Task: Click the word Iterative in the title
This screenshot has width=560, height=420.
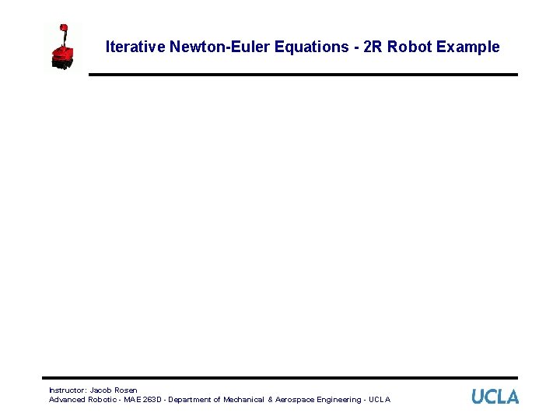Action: coord(135,47)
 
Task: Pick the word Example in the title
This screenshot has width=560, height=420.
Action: coord(468,47)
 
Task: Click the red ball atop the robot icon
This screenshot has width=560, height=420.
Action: coord(64,27)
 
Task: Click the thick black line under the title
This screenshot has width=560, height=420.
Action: coord(303,75)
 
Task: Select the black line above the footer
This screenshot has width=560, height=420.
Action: coord(283,378)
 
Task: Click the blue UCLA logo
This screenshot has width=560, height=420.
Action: coord(495,397)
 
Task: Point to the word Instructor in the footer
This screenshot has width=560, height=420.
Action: coord(67,390)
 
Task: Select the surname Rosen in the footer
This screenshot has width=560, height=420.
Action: coord(126,390)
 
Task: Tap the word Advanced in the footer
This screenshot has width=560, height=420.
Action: coord(67,400)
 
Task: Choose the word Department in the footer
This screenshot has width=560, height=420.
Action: coord(194,400)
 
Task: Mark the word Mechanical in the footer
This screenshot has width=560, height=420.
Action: coord(243,400)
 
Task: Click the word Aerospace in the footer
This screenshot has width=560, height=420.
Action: coord(300,400)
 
